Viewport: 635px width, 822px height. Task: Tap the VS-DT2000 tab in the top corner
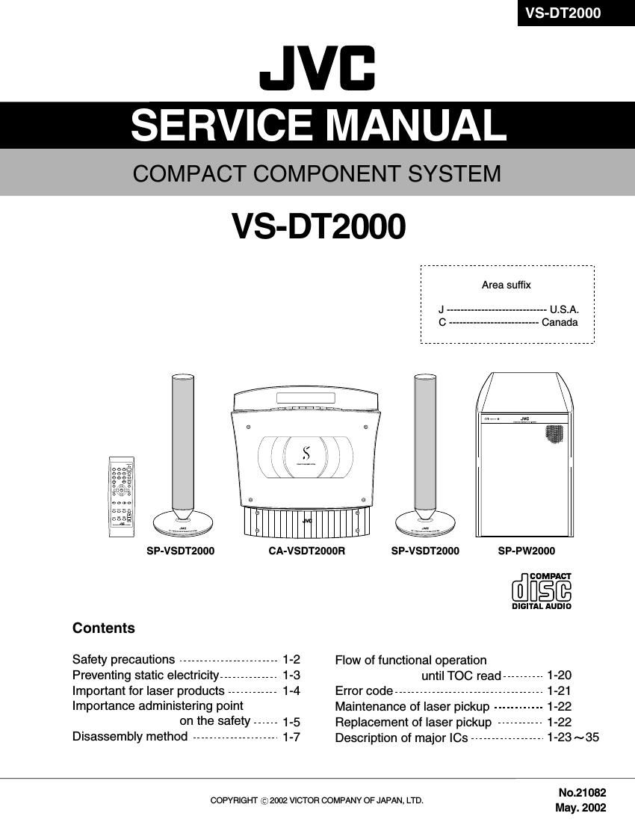tap(563, 13)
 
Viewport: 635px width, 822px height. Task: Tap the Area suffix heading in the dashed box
tap(506, 285)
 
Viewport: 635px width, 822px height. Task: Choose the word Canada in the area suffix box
tap(560, 323)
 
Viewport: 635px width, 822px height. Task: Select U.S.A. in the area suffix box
tap(564, 309)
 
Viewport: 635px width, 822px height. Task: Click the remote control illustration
tap(122, 497)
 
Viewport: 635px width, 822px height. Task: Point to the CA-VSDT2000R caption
tap(307, 551)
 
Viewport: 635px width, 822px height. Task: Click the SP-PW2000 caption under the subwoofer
tap(527, 551)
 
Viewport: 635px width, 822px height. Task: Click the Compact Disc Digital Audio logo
tap(542, 590)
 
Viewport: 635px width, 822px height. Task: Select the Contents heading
tap(104, 628)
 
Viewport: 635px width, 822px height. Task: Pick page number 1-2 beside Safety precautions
tap(291, 659)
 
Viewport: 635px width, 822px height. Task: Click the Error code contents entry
tap(364, 691)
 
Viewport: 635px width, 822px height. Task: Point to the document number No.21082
tap(582, 793)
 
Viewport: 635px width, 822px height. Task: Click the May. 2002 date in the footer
tap(580, 808)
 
